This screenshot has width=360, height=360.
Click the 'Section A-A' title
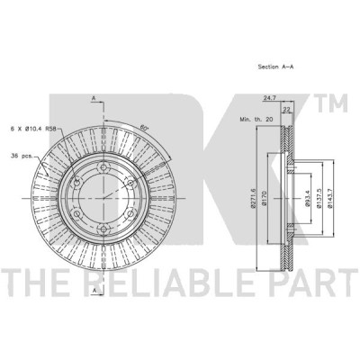[x=275, y=67]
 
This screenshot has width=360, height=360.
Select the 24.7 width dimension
[x=270, y=97]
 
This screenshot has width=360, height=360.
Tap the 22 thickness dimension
[x=287, y=110]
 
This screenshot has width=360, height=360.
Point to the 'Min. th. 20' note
[x=256, y=119]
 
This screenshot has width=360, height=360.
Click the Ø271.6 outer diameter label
[x=252, y=198]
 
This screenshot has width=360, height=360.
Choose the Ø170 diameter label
[x=264, y=199]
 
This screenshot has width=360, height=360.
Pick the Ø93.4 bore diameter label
[x=307, y=199]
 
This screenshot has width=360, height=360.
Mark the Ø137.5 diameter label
[x=319, y=198]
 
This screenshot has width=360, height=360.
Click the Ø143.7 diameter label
[x=330, y=198]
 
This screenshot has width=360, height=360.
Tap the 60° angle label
[x=145, y=128]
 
